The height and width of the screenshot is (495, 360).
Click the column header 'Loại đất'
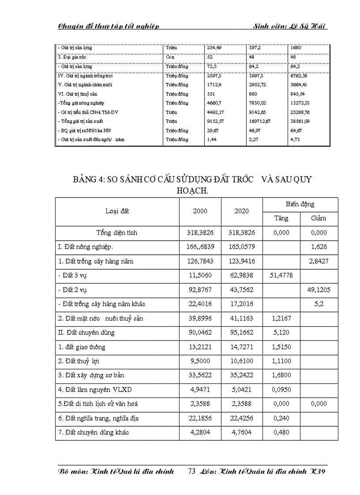pos(117,211)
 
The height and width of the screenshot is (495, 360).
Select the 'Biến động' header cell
pos(300,204)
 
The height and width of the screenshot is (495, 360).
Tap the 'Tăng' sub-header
pos(281,218)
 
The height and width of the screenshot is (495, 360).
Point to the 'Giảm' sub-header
pos(319,218)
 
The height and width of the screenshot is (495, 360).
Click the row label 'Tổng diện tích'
pos(117,233)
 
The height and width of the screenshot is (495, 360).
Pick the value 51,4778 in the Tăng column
pos(281,275)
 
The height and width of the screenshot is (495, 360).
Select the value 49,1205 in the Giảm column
pos(319,290)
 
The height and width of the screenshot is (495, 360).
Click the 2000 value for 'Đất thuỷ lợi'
pos(200,361)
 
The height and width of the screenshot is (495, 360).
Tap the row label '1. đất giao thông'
pos(82,347)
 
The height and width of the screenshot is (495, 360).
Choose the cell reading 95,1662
pos(242,333)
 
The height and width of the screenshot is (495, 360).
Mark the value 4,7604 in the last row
pos(242,432)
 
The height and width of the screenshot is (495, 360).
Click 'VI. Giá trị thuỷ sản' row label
pos(77,94)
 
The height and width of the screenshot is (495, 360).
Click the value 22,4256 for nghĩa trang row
pos(242,418)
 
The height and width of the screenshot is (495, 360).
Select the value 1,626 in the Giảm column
pos(319,247)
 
